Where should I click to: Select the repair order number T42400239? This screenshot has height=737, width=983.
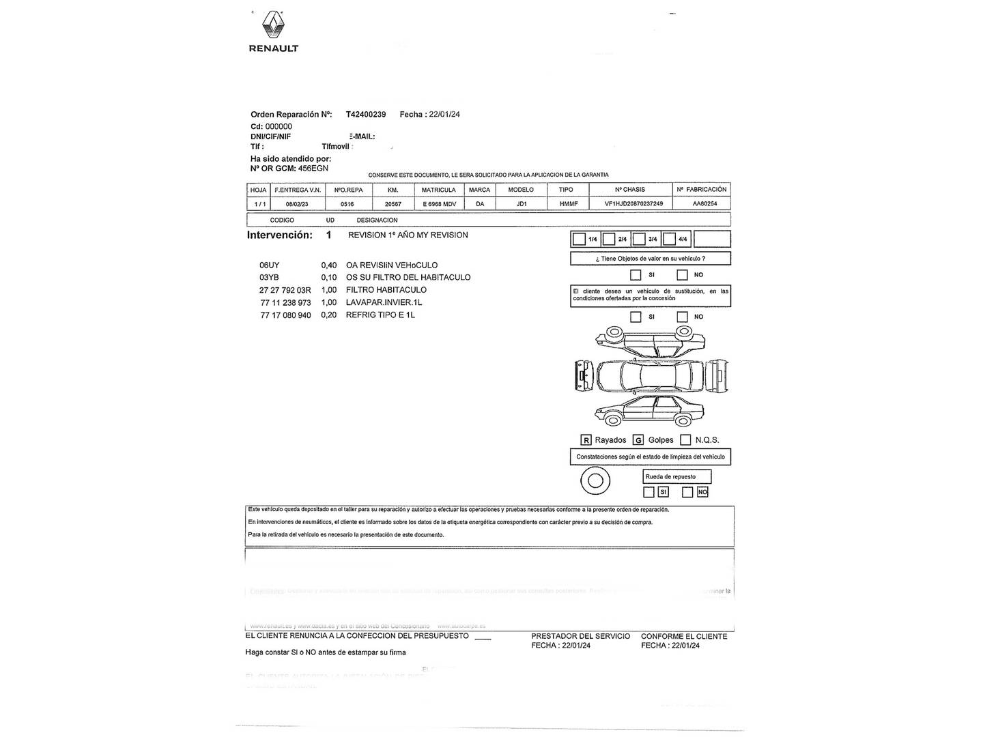(x=366, y=115)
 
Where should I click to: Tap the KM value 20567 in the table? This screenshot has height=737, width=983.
(x=393, y=204)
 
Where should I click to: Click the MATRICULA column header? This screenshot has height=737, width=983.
(x=438, y=190)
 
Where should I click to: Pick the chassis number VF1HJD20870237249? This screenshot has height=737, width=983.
(x=633, y=204)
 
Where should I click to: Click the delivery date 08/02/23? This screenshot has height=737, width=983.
(x=297, y=204)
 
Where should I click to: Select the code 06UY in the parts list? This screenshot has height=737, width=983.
(x=270, y=265)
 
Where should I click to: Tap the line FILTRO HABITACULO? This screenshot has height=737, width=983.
(x=386, y=290)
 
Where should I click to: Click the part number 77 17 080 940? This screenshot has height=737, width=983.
(x=285, y=315)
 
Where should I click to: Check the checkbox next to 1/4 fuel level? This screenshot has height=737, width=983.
(x=579, y=239)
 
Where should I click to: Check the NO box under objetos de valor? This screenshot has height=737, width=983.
(x=682, y=275)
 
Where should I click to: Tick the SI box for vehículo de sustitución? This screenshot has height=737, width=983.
(x=636, y=317)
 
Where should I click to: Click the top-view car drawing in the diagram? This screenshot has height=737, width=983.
(x=651, y=375)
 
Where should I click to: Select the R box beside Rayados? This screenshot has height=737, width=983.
(x=586, y=440)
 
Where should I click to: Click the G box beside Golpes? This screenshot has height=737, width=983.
(x=638, y=440)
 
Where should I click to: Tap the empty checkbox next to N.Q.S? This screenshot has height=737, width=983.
(x=685, y=440)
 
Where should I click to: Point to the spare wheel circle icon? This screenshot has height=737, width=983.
(x=595, y=480)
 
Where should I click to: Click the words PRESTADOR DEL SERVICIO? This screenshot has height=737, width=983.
(x=581, y=636)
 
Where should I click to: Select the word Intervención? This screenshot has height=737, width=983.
(x=279, y=235)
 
